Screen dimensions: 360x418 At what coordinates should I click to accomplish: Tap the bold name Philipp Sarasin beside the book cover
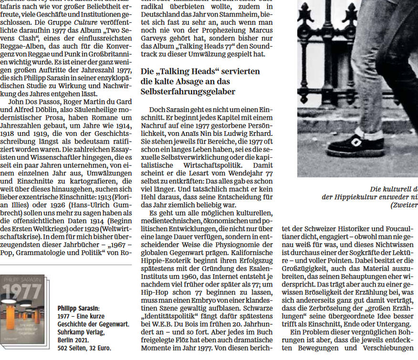[x=78, y=309]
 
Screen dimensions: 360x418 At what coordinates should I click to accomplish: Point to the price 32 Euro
[x=99, y=348]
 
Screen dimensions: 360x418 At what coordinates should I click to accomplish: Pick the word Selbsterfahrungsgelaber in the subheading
[x=181, y=92]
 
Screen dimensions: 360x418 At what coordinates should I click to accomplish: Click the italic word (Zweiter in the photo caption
[x=404, y=205]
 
